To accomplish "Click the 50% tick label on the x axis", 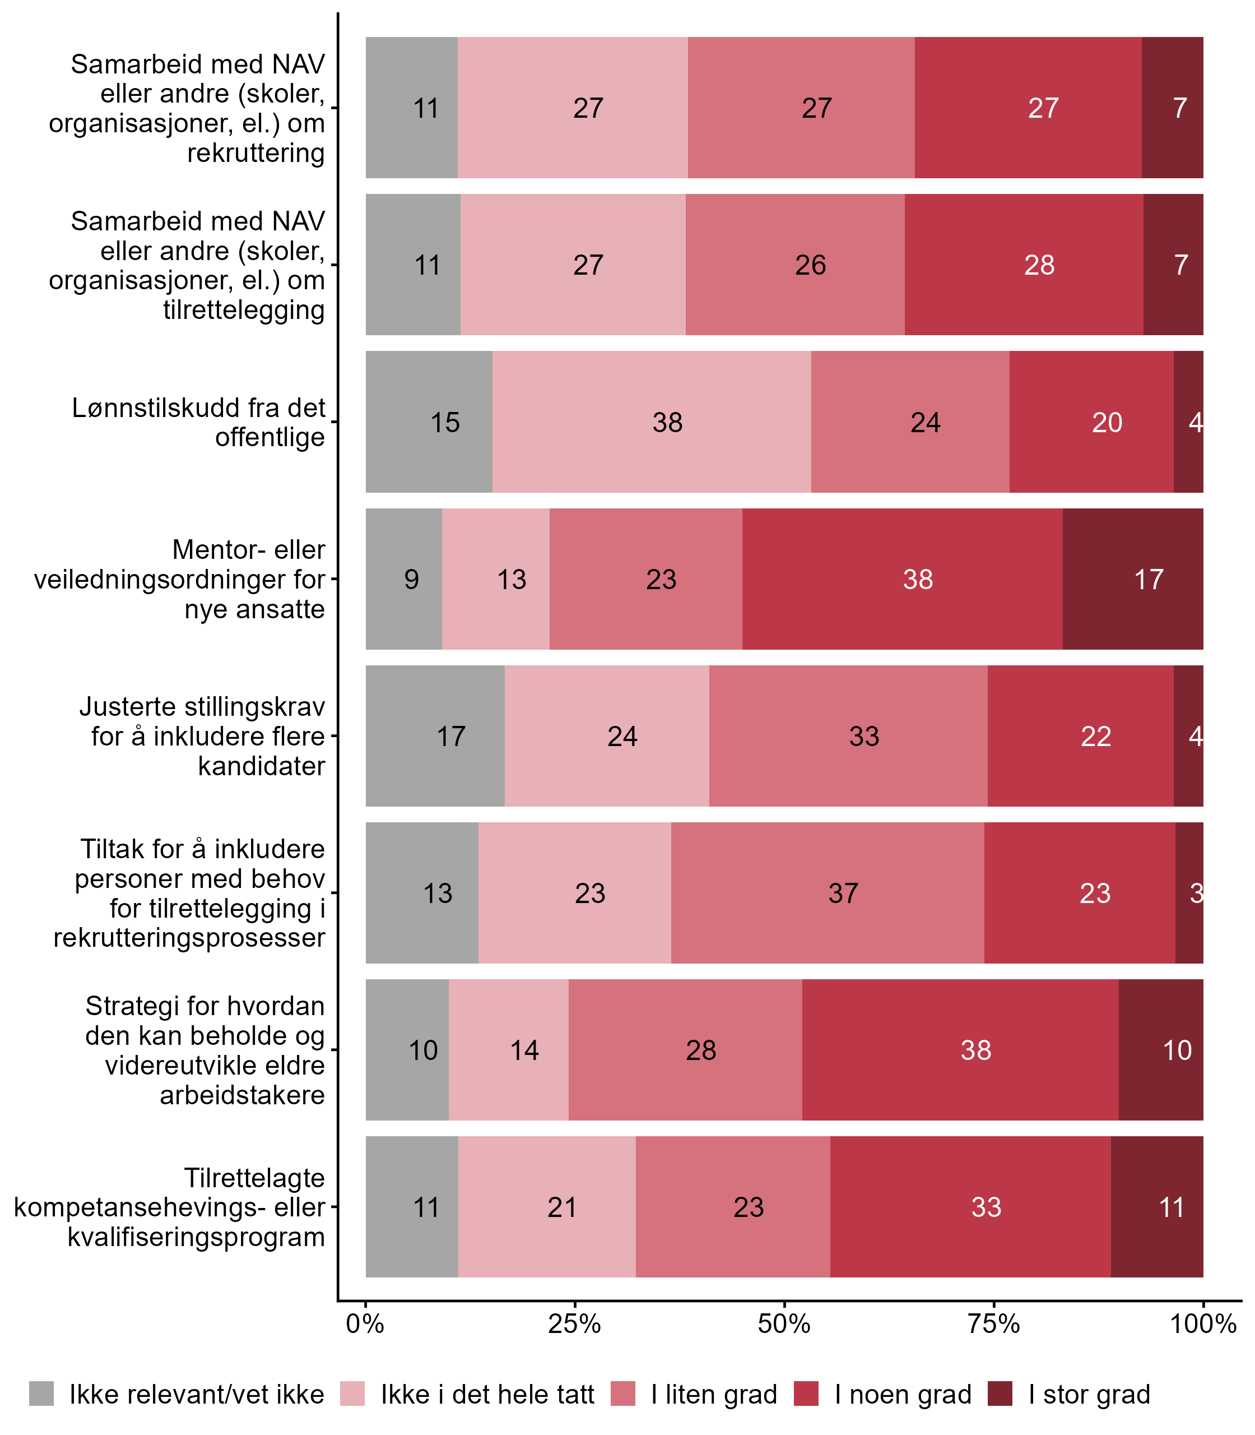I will coord(784,1323).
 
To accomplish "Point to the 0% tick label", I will coord(365,1323).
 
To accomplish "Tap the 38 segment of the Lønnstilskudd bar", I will coord(651,422).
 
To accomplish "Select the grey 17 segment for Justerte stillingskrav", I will coord(435,735).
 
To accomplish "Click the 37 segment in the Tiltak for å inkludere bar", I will coord(827,892).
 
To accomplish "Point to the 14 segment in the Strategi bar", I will coord(509,1049).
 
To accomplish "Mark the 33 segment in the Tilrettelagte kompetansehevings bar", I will coord(970,1206).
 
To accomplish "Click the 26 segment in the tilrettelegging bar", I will coord(795,265).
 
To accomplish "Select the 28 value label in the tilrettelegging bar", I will coord(1039,265).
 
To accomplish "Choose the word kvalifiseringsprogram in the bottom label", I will coord(196,1237).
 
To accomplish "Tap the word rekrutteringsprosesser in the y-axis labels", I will coord(189,937).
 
